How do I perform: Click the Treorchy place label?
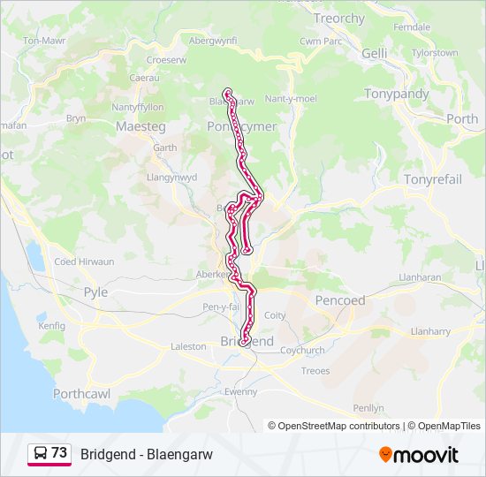click(x=339, y=19)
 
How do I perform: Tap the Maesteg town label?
click(x=140, y=126)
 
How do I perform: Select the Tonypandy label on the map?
click(x=397, y=94)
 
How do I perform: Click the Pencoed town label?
click(x=340, y=300)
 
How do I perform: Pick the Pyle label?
click(x=95, y=292)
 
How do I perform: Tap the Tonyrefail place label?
click(x=433, y=179)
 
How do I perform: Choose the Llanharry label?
click(x=431, y=331)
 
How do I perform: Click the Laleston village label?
click(x=188, y=347)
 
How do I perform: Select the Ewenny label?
click(x=241, y=391)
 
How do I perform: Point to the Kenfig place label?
click(x=52, y=326)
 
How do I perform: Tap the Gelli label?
click(x=375, y=54)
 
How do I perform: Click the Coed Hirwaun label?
click(x=85, y=261)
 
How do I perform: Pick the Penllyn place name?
click(x=368, y=408)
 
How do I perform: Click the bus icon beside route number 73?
click(x=41, y=454)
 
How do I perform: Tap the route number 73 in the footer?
click(x=59, y=453)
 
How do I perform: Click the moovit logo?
click(x=419, y=455)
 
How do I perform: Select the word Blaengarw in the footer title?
click(x=181, y=454)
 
